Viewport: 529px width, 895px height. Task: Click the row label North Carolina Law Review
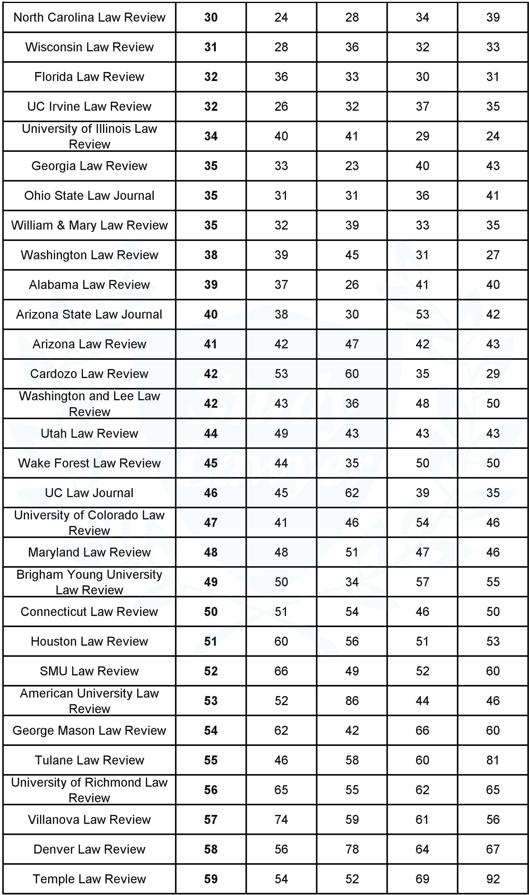[x=89, y=17]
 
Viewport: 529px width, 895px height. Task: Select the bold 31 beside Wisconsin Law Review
[x=211, y=47]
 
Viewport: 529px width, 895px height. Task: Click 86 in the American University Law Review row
[x=352, y=700]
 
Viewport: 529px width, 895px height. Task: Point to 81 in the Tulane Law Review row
[x=493, y=760]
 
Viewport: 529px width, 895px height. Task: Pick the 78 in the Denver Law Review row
[x=352, y=849]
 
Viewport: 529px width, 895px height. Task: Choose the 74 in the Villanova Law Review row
[x=281, y=819]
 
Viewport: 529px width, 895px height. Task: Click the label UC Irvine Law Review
[x=89, y=106]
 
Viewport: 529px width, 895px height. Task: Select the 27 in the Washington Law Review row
[x=493, y=255]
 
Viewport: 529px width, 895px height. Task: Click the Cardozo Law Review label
[x=89, y=374]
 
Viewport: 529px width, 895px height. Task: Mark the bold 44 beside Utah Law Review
[x=211, y=433]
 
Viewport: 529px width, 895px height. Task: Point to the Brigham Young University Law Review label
[x=89, y=582]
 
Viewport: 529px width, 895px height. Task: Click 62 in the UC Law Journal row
[x=352, y=492]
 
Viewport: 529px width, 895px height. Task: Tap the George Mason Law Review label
[x=89, y=730]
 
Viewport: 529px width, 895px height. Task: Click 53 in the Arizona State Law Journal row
[x=423, y=314]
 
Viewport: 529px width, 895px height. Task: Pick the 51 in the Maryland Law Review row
[x=352, y=552]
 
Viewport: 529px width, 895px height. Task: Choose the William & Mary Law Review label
[x=89, y=225]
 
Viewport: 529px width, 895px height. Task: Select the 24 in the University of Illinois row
[x=493, y=136]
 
